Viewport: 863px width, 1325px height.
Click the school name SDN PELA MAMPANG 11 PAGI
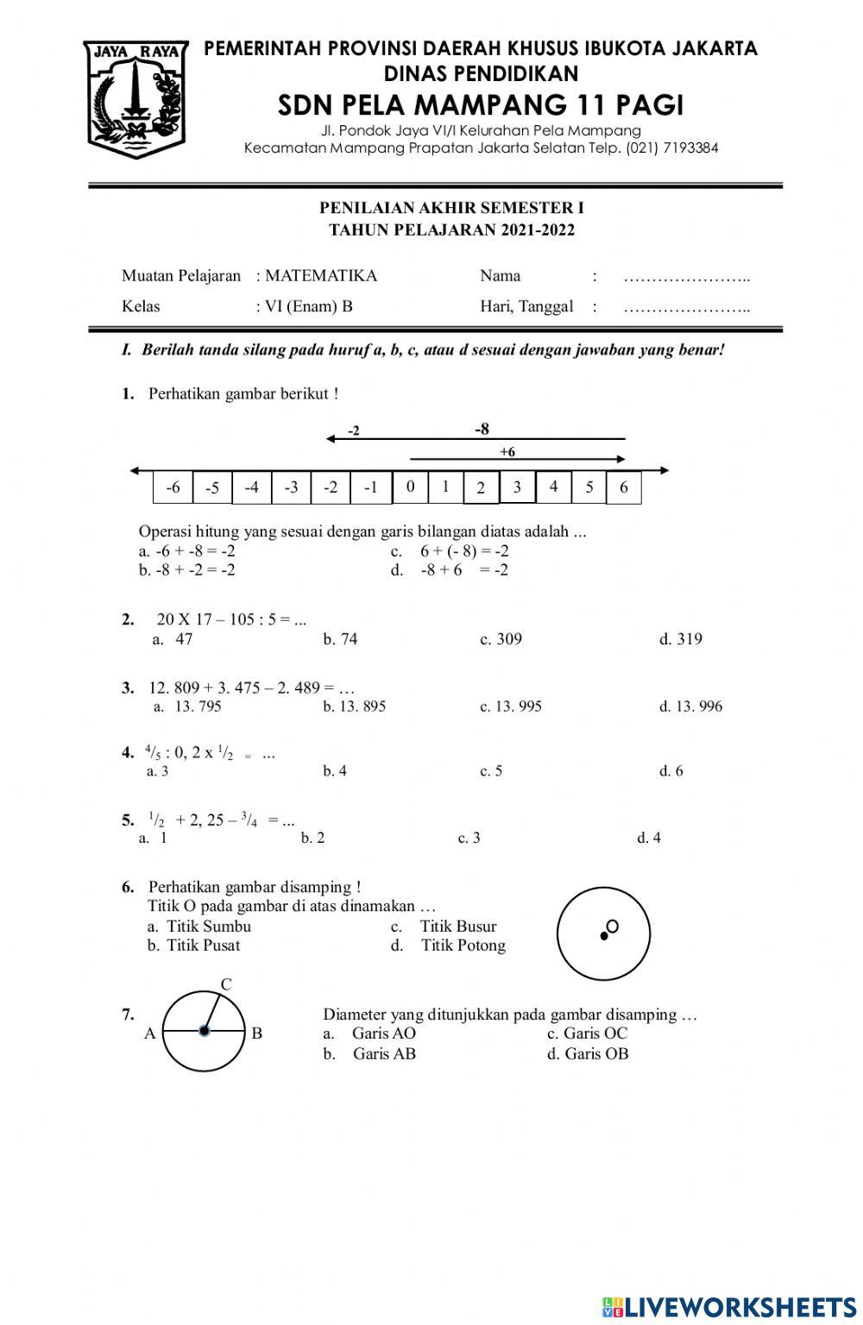pyautogui.click(x=480, y=105)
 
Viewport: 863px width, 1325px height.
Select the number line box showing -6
pyautogui.click(x=173, y=487)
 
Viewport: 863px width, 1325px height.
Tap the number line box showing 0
pyautogui.click(x=410, y=487)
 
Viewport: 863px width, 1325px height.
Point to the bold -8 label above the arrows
pyautogui.click(x=482, y=429)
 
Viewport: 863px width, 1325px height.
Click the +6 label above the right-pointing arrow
pyautogui.click(x=507, y=451)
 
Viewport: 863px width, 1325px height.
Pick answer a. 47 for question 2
pyautogui.click(x=173, y=639)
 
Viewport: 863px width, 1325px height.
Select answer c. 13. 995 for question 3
pyautogui.click(x=511, y=706)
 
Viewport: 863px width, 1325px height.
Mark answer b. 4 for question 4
pyautogui.click(x=335, y=771)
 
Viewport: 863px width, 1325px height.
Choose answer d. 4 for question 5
pyautogui.click(x=649, y=838)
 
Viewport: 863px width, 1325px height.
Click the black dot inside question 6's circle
pyautogui.click(x=603, y=936)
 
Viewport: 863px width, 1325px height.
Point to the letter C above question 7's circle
pyautogui.click(x=226, y=984)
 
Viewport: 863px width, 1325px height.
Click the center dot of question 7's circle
pyautogui.click(x=204, y=1030)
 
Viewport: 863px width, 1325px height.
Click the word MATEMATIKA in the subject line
pyautogui.click(x=321, y=276)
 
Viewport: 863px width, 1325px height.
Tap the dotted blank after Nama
pyautogui.click(x=687, y=278)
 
